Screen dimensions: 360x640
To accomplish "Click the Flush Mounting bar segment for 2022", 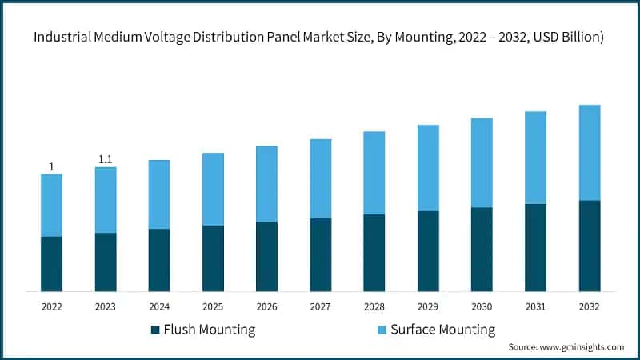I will click(52, 264).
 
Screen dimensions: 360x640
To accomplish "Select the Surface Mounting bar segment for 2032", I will click(590, 152).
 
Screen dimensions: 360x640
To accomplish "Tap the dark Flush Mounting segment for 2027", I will click(321, 254).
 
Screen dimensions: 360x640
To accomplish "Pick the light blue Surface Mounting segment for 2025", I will click(213, 189).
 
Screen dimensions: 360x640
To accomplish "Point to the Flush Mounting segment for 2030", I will click(482, 249).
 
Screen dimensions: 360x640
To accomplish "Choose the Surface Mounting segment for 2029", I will click(428, 168).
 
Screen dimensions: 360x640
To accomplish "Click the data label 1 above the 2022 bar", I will click(52, 167).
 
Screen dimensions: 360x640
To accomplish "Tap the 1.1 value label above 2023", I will click(106, 160).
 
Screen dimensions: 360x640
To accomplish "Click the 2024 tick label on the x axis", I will click(159, 306).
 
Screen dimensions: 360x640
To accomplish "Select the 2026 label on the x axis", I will click(266, 306).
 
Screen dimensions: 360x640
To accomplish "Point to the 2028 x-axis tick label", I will click(374, 306).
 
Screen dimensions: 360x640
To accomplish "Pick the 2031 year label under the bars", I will click(535, 306).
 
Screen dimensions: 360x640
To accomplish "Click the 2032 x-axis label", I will click(590, 306).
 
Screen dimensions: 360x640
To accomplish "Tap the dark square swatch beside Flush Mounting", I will click(154, 330).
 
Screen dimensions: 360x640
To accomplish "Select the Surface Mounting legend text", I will click(442, 330).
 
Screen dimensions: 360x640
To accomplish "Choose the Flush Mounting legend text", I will click(209, 330).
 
